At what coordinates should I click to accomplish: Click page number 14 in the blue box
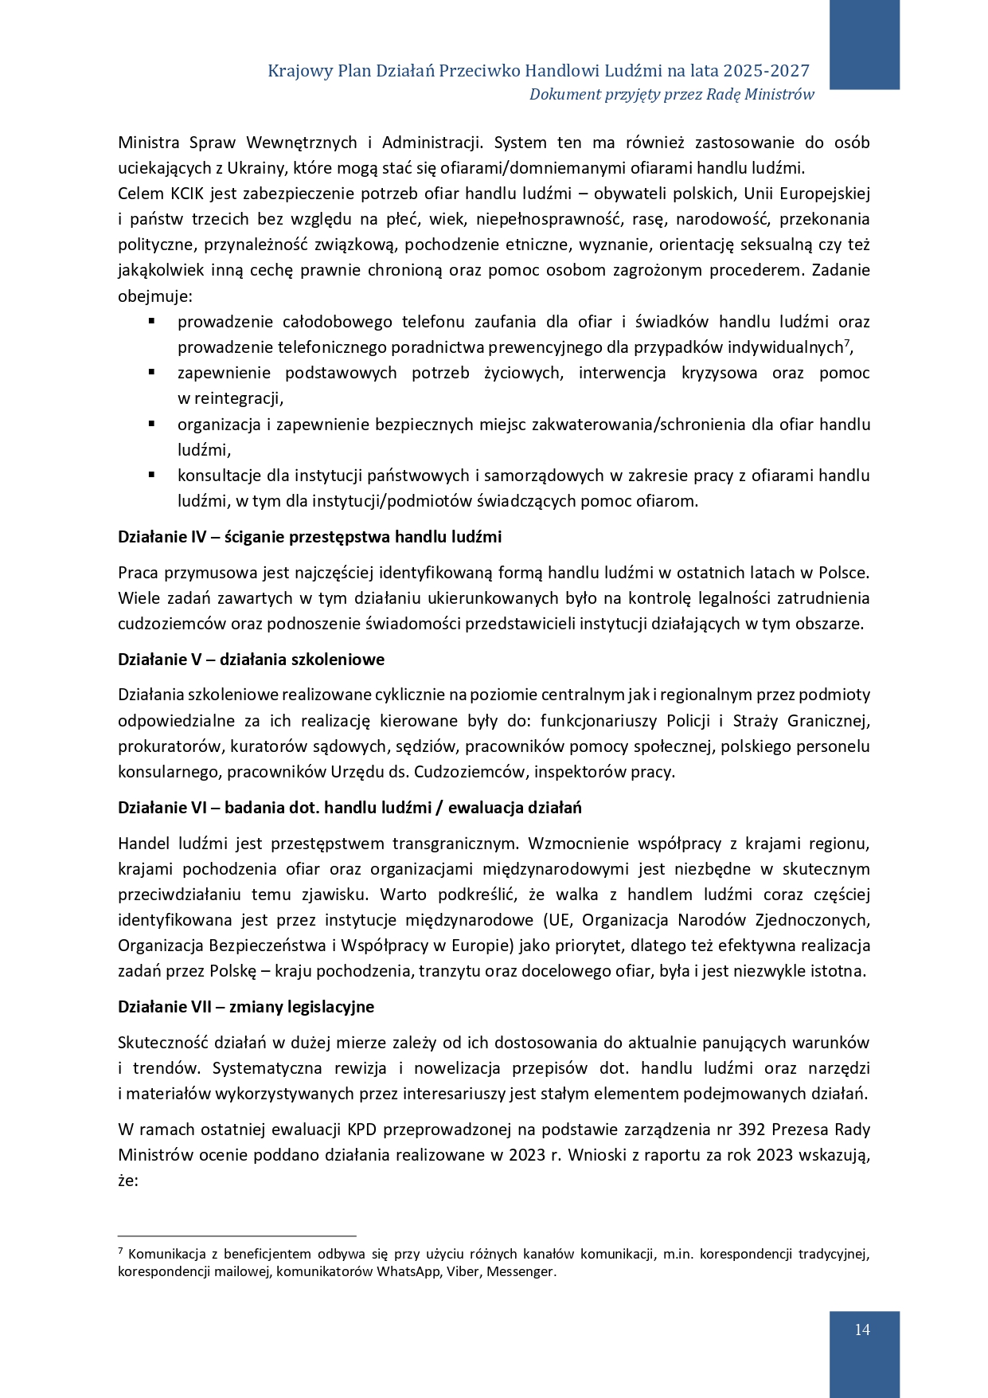[862, 1329]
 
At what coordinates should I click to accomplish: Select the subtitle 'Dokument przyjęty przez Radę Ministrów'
[671, 95]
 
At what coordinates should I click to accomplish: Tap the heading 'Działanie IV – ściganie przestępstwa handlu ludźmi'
[310, 537]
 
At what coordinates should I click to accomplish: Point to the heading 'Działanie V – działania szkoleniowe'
[251, 660]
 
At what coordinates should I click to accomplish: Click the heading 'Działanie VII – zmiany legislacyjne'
[246, 1007]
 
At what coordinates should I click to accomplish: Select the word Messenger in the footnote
[521, 1271]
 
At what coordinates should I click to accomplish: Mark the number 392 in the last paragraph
[753, 1130]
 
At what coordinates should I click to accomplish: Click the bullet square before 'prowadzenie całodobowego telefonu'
[150, 322]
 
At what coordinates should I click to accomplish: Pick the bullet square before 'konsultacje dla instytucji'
[150, 476]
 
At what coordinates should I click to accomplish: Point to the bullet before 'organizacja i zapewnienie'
[150, 425]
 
